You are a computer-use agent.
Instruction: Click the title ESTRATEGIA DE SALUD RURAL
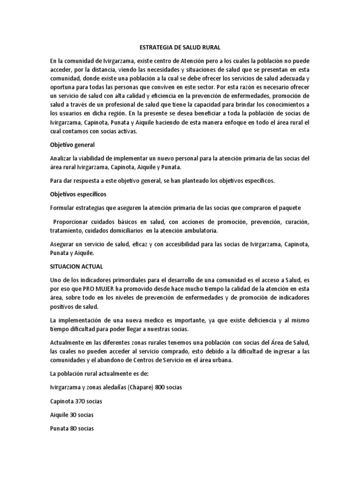pos(180,47)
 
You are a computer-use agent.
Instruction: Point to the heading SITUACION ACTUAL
pos(76,266)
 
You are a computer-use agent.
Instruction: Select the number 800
pos(167,388)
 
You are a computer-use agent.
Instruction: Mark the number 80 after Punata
pos(76,428)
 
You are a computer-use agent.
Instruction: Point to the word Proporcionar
pos(72,222)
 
